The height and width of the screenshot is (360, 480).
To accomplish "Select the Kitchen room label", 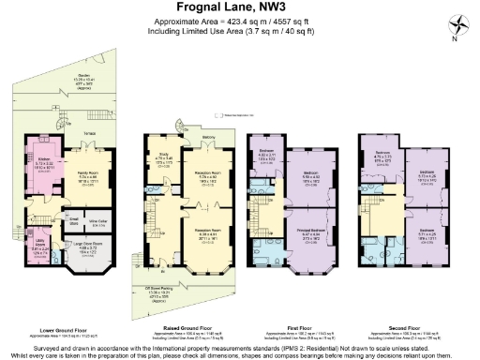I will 42,160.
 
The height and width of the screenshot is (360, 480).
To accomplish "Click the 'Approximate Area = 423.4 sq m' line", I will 239,23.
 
